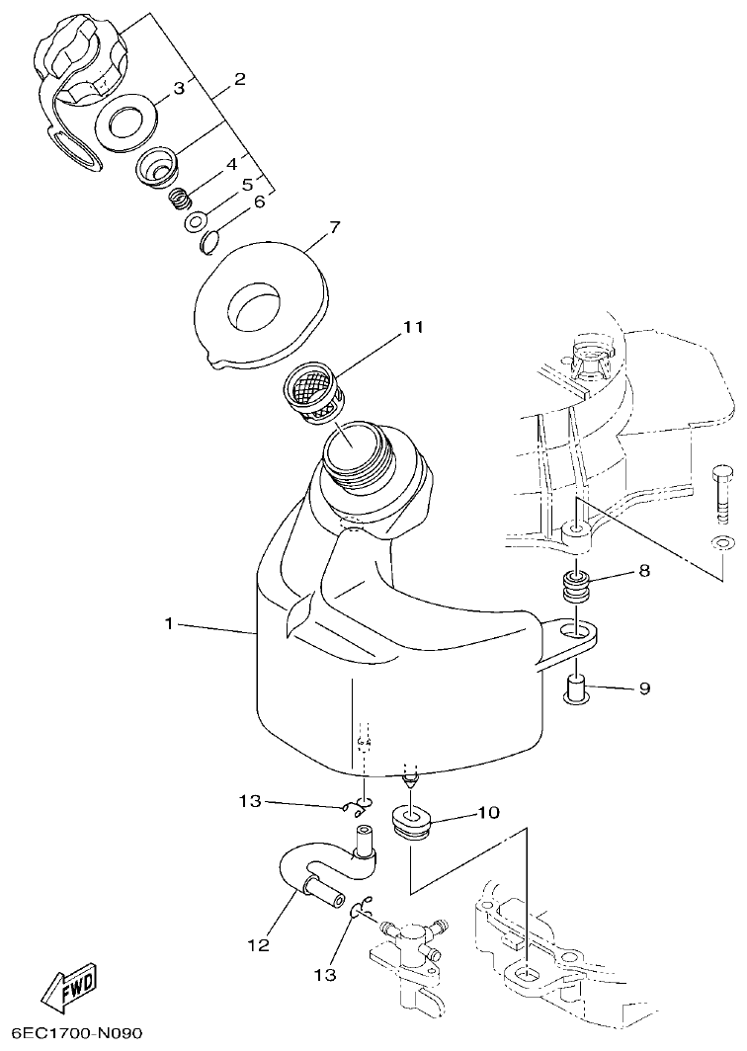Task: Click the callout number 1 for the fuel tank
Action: [169, 623]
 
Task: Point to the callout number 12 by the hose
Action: [258, 945]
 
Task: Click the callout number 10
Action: [488, 813]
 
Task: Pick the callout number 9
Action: [643, 688]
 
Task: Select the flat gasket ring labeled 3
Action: [125, 122]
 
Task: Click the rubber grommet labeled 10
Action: [414, 822]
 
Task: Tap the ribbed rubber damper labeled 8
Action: [575, 589]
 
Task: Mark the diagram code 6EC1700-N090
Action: [72, 1033]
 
